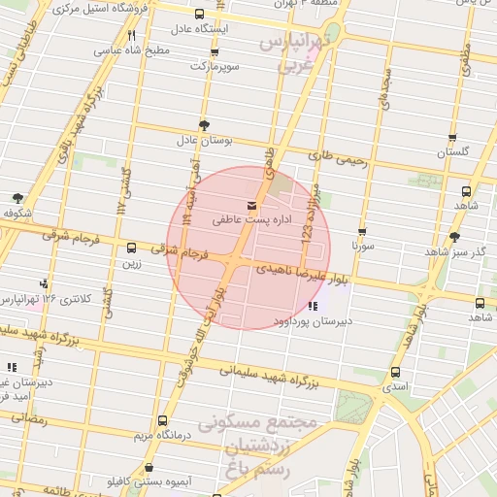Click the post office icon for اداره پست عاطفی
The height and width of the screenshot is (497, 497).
(x=253, y=205)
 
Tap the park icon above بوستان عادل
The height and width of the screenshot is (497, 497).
(x=204, y=125)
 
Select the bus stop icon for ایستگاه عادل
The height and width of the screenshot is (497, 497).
(x=200, y=14)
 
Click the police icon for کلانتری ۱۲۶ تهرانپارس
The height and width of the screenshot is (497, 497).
(x=43, y=283)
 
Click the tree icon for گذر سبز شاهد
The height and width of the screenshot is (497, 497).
(x=455, y=236)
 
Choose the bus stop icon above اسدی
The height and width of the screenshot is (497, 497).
(x=395, y=373)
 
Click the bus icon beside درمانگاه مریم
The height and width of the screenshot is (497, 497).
(x=162, y=421)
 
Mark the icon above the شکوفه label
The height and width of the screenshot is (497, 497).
(x=18, y=197)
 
